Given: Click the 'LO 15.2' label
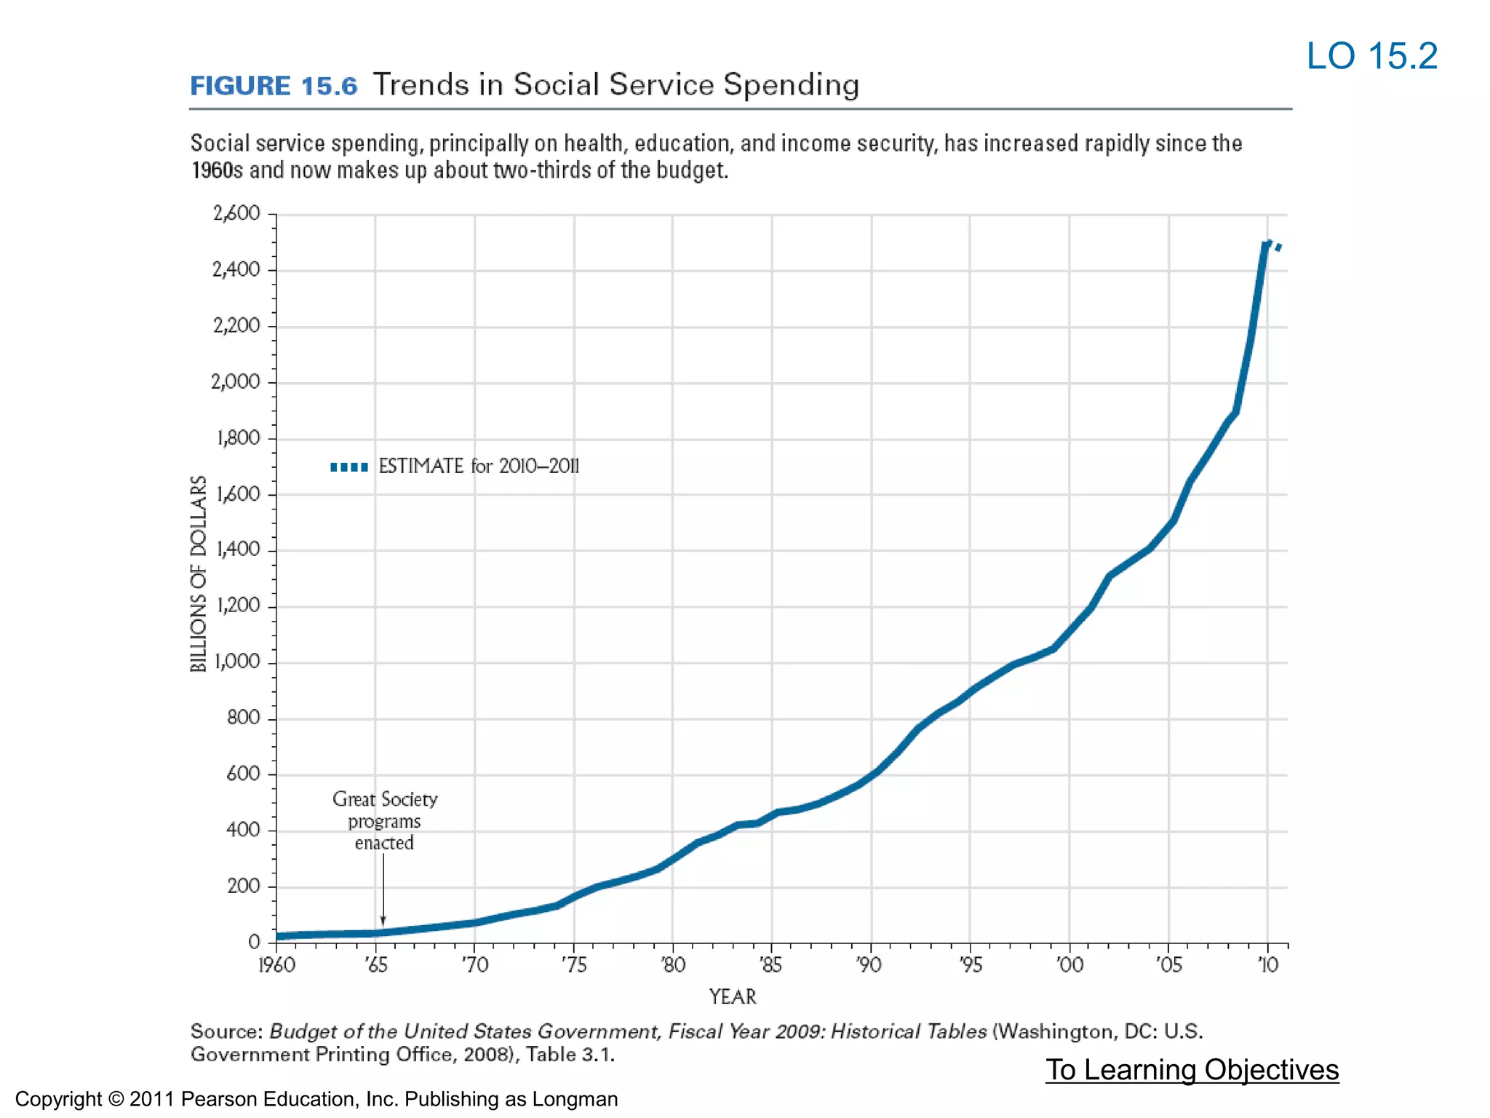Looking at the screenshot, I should click(1371, 57).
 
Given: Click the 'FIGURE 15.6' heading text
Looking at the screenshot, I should click(274, 86).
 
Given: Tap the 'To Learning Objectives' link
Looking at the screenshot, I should click(1192, 1069).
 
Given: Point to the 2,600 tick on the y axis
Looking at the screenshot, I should click(236, 213).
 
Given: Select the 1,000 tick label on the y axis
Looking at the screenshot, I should click(236, 662).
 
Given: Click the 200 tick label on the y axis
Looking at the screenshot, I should click(243, 886).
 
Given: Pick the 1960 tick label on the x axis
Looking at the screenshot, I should click(276, 965).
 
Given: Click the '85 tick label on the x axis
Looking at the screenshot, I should click(771, 965).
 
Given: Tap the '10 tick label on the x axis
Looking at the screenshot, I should click(1267, 965).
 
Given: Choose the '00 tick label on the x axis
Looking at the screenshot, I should click(1069, 965).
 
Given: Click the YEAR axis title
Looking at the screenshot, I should click(733, 997).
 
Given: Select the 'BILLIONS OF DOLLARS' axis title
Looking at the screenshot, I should click(199, 574).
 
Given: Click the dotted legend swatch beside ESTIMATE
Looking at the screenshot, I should click(349, 467).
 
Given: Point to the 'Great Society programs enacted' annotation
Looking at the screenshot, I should click(385, 821).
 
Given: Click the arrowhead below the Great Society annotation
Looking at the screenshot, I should click(383, 921).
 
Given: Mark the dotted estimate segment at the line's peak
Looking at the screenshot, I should click(1275, 245).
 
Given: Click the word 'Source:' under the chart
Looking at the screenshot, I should click(226, 1032).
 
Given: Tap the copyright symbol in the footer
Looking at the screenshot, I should click(116, 1099).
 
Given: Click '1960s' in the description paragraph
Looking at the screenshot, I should click(216, 170).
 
